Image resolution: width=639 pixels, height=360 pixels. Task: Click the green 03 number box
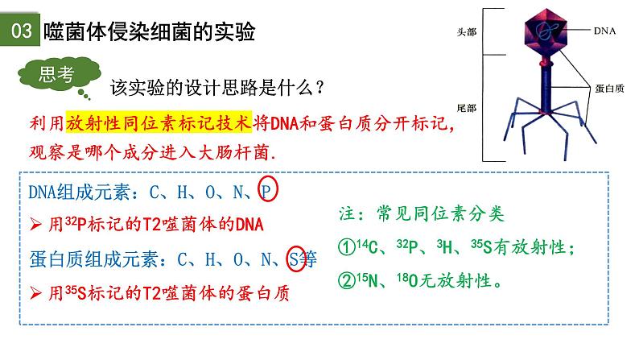click(x=20, y=32)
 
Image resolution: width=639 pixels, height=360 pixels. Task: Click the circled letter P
click(x=268, y=192)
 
